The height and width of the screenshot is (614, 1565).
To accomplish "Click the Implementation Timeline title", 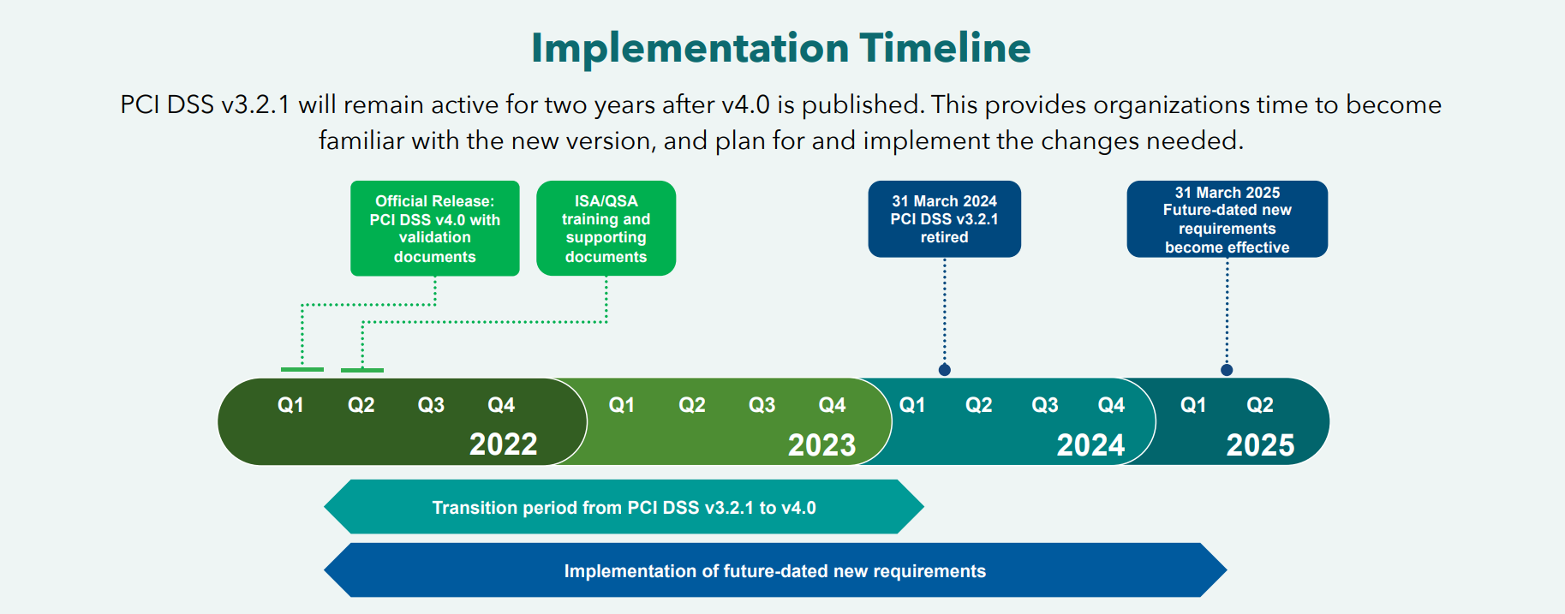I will click(x=780, y=48).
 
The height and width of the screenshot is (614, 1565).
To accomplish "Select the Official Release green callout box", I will click(x=434, y=229).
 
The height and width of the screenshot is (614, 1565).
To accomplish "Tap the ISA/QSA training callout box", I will click(x=606, y=229).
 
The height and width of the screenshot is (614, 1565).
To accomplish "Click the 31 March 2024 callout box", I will click(x=944, y=219).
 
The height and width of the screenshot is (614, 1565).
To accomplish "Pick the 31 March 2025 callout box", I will click(x=1227, y=219).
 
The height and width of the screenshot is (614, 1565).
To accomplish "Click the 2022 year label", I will click(x=503, y=444).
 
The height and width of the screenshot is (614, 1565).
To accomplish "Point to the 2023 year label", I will click(x=821, y=445).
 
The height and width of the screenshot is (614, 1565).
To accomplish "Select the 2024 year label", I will click(x=1090, y=445).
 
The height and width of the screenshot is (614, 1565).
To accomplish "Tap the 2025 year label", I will click(x=1260, y=445).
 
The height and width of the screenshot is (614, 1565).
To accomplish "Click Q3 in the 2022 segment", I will click(x=431, y=405).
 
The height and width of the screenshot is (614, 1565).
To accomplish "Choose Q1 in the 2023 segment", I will click(x=621, y=405).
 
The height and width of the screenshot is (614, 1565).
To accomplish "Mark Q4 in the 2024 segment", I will click(x=1111, y=405).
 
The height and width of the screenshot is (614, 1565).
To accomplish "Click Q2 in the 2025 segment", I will click(x=1259, y=405).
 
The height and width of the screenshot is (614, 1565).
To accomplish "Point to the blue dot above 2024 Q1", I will click(x=944, y=370).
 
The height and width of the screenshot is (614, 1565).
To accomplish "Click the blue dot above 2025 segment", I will click(x=1227, y=370).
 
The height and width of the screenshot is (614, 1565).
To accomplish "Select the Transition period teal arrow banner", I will click(x=624, y=508).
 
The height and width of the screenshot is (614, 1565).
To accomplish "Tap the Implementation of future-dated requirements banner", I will click(x=774, y=571).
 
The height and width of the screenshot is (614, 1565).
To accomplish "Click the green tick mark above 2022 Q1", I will click(x=302, y=370).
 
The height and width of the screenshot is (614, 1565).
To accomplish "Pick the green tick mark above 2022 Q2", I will click(x=361, y=371).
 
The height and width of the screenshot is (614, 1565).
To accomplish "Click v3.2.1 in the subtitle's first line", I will click(x=255, y=105).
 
